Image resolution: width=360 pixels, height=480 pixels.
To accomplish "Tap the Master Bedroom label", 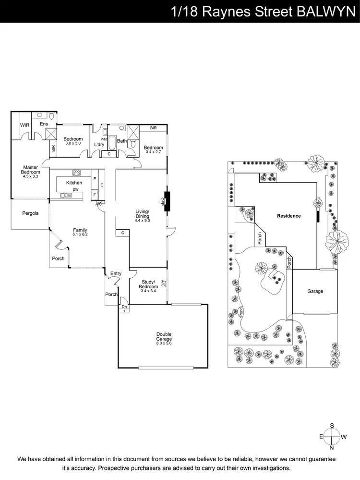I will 30,170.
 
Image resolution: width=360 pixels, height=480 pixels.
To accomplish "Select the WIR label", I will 24,125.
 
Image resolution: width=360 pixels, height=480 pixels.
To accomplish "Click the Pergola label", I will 30,213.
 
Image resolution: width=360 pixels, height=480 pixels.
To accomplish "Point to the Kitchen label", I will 74,183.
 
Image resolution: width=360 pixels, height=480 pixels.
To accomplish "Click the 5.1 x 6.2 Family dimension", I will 80,235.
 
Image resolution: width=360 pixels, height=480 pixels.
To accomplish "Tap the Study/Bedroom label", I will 149,284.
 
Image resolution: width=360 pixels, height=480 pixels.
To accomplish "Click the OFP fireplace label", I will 162,202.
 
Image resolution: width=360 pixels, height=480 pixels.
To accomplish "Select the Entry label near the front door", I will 116,273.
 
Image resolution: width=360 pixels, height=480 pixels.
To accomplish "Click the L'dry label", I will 99,144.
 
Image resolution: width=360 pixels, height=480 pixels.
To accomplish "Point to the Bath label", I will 122,141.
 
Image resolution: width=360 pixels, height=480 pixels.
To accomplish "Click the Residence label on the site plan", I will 288,216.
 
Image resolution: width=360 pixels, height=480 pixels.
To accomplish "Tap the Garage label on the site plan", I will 315,291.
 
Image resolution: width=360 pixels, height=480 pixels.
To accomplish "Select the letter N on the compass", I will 332,447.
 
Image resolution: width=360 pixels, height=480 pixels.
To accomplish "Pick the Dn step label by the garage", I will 124,307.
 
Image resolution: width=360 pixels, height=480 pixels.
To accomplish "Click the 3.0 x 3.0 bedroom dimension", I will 73,144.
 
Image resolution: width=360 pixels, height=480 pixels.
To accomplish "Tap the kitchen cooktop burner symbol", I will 76,172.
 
